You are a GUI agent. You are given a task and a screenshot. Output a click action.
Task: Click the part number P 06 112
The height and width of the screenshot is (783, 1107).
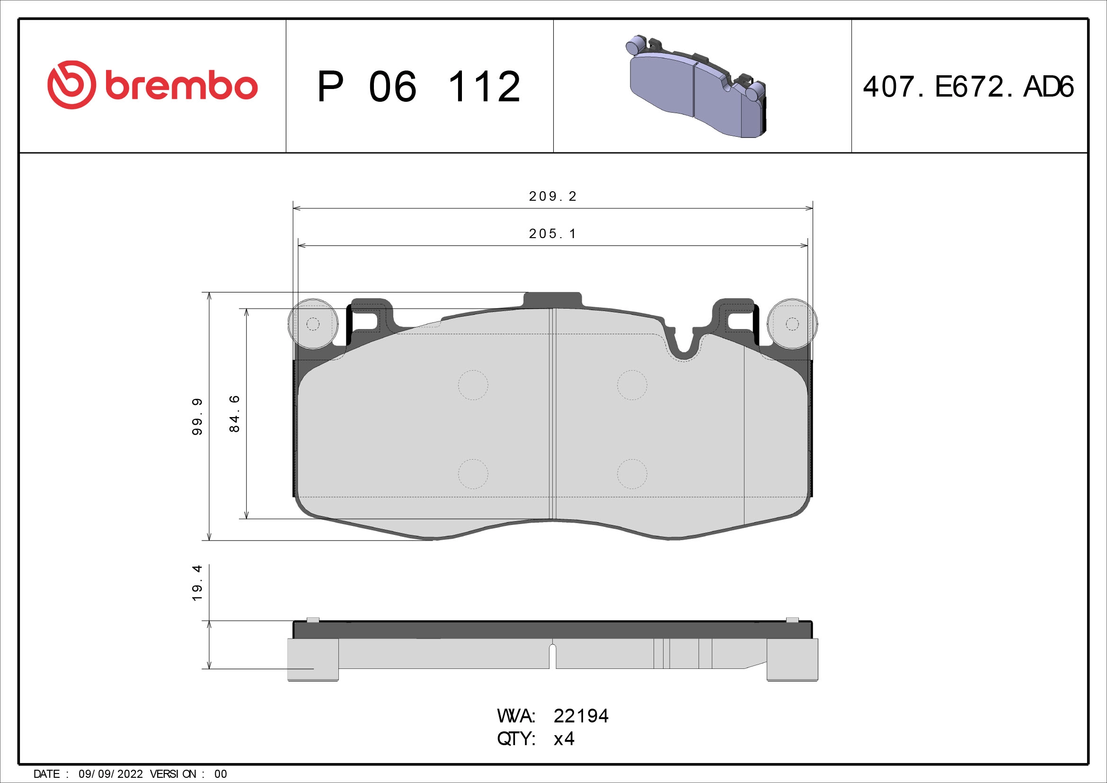418,87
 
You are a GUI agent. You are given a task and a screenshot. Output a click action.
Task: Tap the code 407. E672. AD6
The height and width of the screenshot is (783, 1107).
968,87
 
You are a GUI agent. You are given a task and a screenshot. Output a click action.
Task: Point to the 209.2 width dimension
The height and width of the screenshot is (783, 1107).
552,196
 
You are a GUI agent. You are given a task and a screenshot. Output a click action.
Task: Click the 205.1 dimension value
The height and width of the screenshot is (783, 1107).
552,233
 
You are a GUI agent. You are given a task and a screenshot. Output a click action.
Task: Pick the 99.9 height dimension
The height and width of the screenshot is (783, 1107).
197,417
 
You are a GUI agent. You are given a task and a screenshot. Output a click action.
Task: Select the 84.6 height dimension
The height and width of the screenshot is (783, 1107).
234,413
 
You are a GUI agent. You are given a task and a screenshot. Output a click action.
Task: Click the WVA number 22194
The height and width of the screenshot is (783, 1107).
581,716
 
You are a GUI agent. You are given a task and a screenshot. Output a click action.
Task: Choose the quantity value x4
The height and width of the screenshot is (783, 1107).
564,739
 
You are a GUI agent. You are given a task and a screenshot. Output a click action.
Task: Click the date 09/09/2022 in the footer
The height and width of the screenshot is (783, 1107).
110,774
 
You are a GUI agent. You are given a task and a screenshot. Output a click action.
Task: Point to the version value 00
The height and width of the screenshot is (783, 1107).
221,774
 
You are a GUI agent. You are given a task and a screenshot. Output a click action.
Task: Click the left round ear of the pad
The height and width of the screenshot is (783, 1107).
312,323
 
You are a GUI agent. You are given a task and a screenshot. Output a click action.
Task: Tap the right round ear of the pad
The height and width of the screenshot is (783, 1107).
792,323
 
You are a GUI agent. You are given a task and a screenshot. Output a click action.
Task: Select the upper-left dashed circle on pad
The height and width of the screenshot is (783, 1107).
473,385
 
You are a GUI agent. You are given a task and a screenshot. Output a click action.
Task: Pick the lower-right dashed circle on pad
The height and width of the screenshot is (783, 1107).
632,474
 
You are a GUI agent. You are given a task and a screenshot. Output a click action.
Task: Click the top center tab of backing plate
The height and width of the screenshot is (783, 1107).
552,299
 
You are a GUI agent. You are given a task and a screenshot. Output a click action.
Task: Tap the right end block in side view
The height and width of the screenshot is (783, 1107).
792,658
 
